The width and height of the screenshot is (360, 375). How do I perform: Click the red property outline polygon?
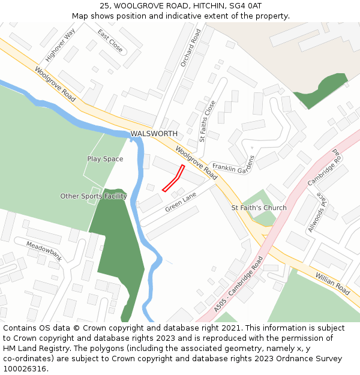[173, 179]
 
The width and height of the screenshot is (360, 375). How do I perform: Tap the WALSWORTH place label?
[154, 133]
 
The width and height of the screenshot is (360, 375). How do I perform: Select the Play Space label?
[105, 159]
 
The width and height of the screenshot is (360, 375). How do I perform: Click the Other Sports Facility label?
[94, 196]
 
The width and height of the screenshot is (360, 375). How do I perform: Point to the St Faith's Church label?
[259, 208]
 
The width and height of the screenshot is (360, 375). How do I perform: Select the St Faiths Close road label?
[208, 121]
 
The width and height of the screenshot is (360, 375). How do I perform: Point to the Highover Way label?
[60, 45]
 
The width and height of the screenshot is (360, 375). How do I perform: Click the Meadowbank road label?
[44, 250]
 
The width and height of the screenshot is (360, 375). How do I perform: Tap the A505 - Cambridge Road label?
[238, 284]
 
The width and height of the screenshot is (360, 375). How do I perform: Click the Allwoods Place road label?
[316, 213]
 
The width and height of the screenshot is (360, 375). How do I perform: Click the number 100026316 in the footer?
[25, 368]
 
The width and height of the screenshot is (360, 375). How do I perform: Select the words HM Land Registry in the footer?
[35, 348]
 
